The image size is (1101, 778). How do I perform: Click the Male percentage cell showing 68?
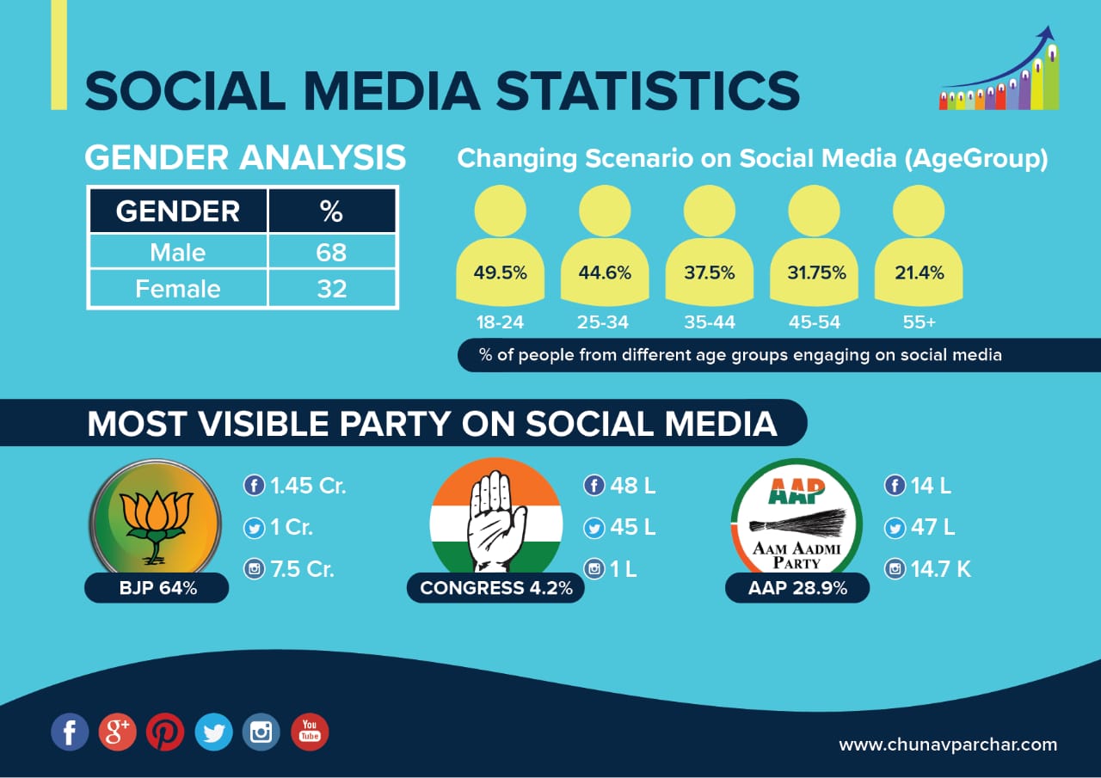(x=331, y=252)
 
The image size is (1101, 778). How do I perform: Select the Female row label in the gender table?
(x=177, y=288)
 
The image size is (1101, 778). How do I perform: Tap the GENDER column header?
(x=177, y=211)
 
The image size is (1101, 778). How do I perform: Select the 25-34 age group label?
(x=605, y=322)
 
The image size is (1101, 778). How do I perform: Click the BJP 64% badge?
(x=157, y=589)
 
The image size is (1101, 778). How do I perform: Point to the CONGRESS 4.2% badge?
(x=489, y=589)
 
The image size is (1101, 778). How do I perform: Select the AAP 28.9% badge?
(x=797, y=589)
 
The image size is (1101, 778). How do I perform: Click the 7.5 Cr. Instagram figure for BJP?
(x=301, y=569)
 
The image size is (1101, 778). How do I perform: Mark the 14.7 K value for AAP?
(x=940, y=569)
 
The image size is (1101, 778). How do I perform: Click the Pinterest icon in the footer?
(x=165, y=732)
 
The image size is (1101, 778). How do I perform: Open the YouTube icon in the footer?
(x=310, y=732)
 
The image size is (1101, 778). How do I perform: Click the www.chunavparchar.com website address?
(x=948, y=744)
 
